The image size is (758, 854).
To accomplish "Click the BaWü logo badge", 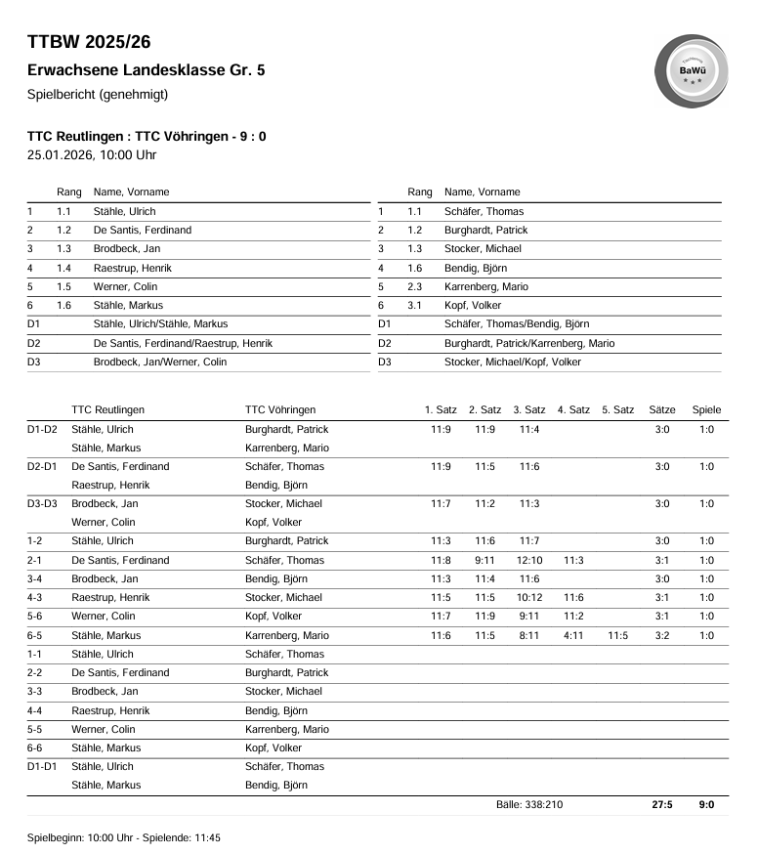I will tap(692, 70).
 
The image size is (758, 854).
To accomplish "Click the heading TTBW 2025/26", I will tap(89, 42).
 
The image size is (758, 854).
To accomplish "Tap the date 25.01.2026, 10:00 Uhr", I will tap(92, 154).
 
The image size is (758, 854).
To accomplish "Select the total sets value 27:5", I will tap(661, 805).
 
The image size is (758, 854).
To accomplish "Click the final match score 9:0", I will tap(706, 805).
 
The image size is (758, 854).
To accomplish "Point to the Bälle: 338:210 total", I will tap(528, 805).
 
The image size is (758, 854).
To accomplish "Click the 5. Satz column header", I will tap(617, 409).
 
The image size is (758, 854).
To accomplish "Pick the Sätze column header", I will tap(661, 409).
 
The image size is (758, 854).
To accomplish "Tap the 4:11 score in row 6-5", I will tap(573, 635).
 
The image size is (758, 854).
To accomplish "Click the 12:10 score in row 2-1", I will tap(528, 560).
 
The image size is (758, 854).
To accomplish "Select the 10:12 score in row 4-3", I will tap(528, 597).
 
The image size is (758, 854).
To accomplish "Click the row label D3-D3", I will tap(43, 503).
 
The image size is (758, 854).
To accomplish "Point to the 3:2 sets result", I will tap(661, 635).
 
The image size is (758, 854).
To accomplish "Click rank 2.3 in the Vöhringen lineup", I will tap(415, 286).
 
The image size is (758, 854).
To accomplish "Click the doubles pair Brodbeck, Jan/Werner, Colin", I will tap(159, 362).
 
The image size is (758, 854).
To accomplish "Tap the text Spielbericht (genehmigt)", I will tap(98, 95).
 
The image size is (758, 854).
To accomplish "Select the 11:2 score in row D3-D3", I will tap(484, 503).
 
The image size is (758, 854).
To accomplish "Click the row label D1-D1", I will tap(43, 767).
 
